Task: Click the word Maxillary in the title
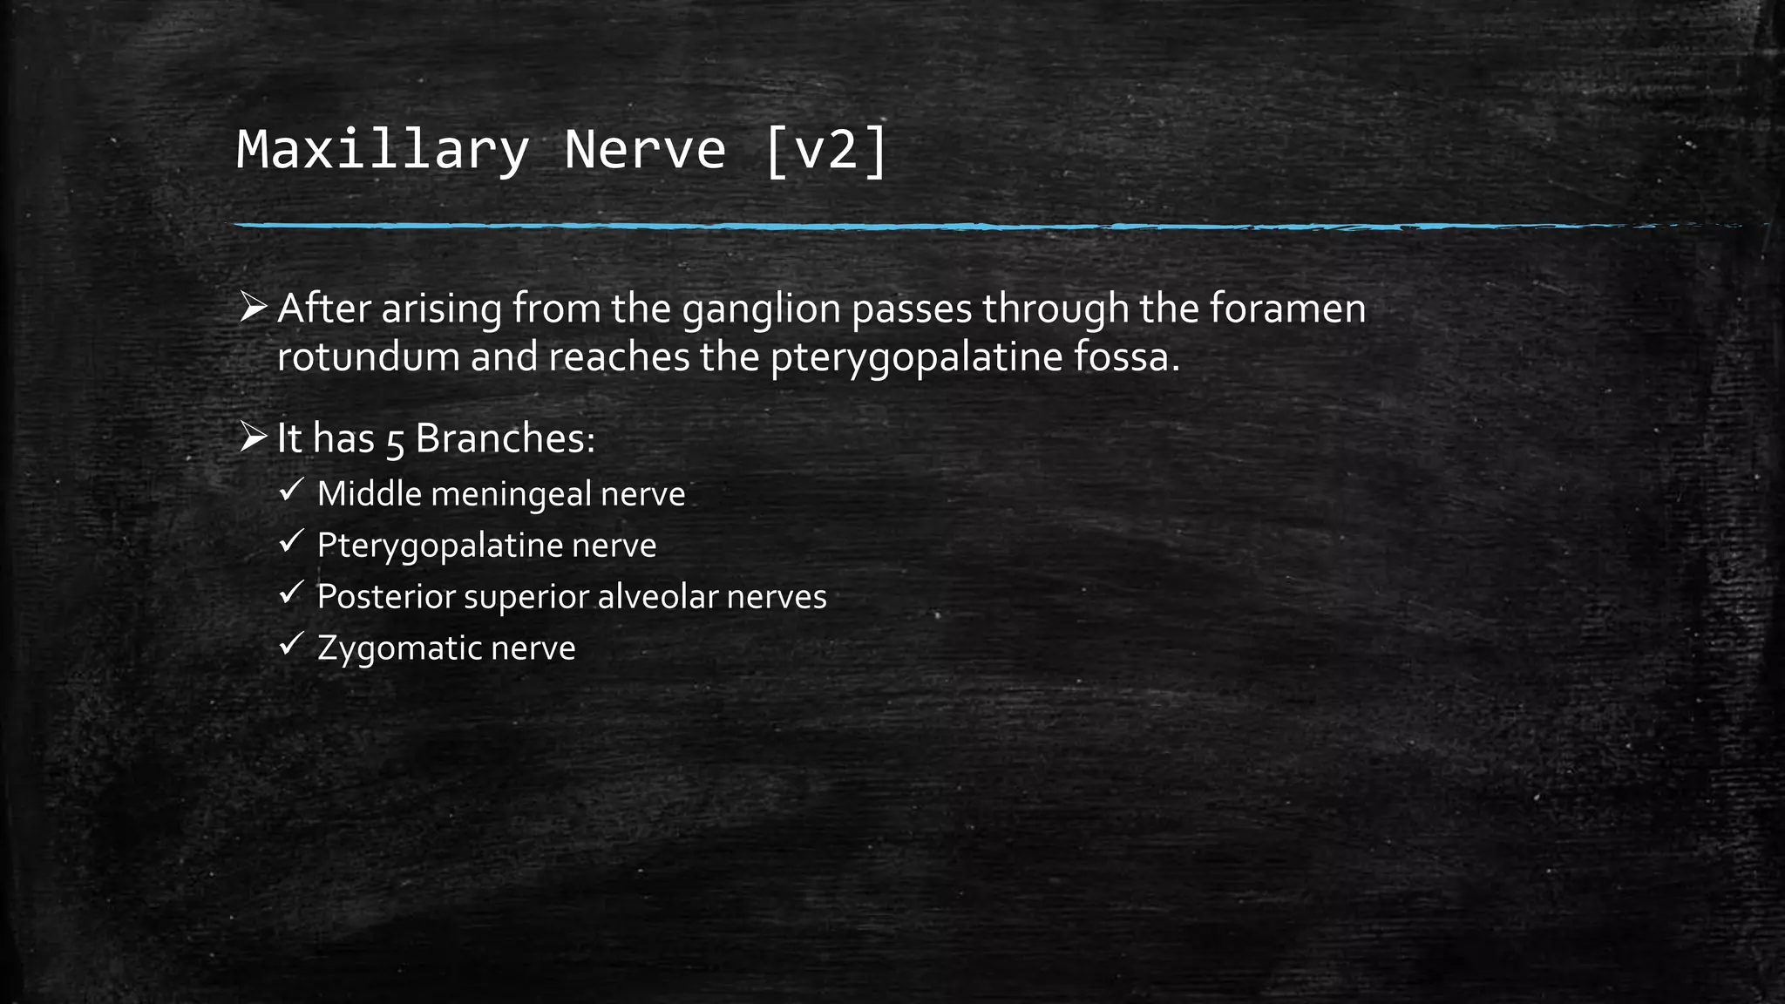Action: click(383, 150)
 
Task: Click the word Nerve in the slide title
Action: click(645, 150)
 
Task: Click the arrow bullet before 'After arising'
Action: click(253, 307)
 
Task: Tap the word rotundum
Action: click(368, 357)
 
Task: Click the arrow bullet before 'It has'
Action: click(253, 437)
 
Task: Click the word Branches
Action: click(505, 438)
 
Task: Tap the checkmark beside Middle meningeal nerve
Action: click(290, 490)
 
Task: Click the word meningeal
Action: click(511, 495)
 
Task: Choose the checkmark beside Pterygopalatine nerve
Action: click(290, 541)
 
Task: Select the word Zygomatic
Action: click(398, 649)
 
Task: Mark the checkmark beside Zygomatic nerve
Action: click(290, 644)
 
